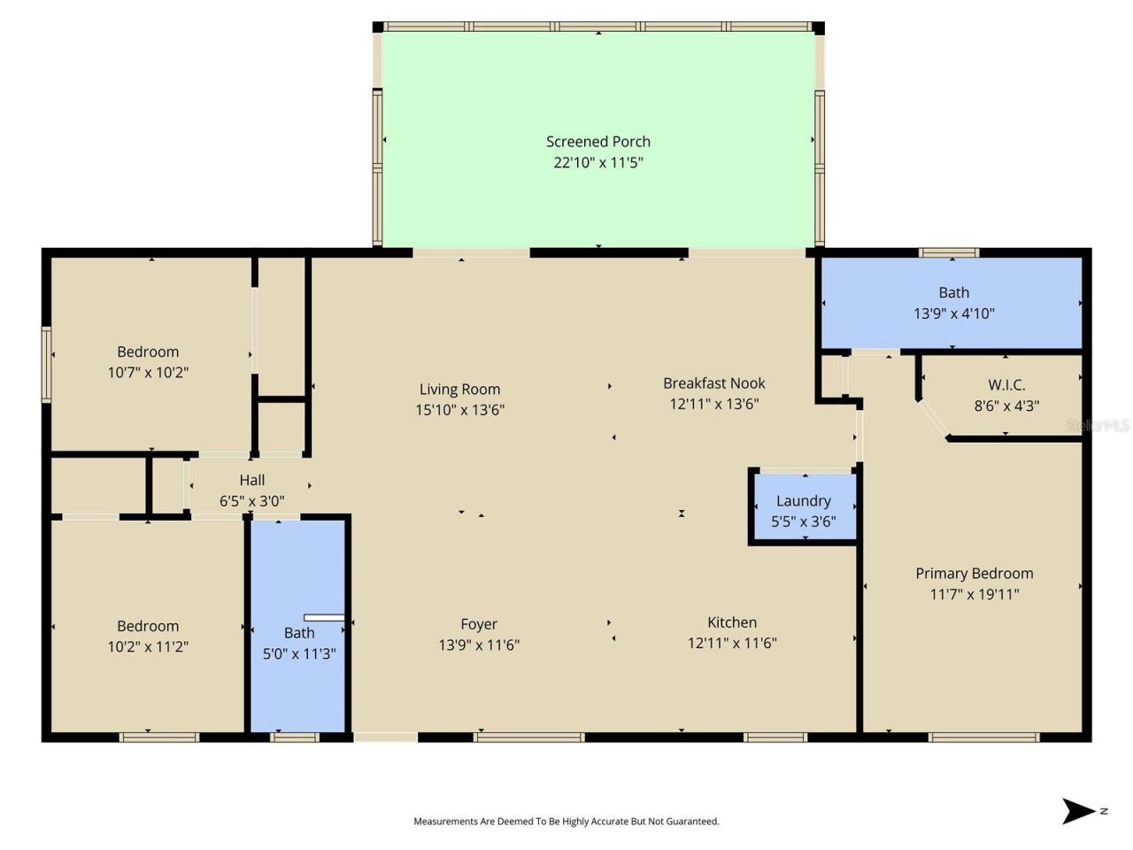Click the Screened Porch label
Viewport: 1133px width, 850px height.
(597, 142)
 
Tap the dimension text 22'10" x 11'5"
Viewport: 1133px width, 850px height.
(597, 163)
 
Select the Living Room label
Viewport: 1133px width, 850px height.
(459, 390)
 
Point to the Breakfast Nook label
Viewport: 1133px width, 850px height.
(713, 383)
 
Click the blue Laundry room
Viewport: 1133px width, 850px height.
(804, 506)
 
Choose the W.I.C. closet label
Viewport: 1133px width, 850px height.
(1006, 385)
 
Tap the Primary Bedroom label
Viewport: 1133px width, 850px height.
(974, 574)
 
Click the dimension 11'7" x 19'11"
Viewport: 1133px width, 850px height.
(974, 595)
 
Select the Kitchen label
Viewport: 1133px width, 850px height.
(732, 622)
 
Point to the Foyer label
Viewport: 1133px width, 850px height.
(479, 624)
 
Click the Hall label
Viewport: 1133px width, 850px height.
(252, 480)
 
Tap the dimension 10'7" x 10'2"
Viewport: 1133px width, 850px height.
(148, 373)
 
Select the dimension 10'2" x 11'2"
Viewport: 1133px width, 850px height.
(148, 647)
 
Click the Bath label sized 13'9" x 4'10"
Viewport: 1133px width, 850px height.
(953, 292)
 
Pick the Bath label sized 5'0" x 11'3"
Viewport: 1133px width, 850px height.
(299, 633)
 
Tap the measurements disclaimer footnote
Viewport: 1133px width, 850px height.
(566, 822)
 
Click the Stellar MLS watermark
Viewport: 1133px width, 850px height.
(1098, 426)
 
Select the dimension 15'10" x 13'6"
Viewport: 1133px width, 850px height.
(459, 410)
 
